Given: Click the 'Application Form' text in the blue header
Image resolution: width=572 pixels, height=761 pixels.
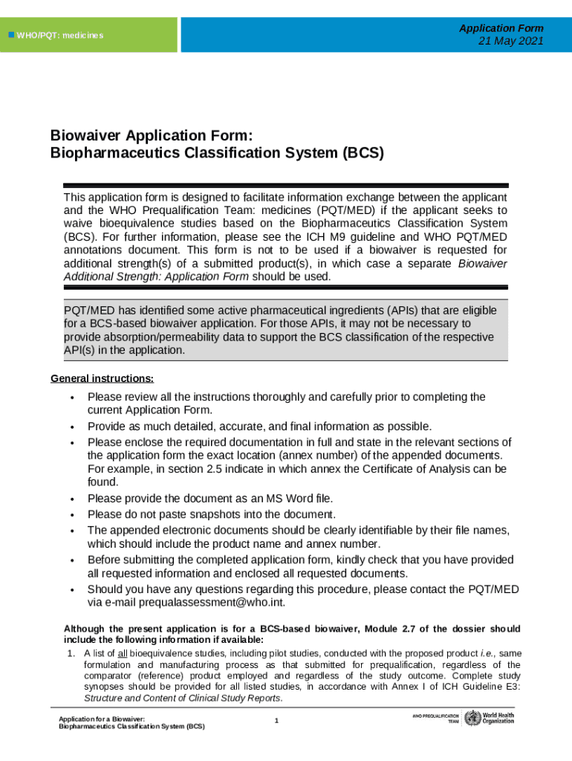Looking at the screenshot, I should point(501,28).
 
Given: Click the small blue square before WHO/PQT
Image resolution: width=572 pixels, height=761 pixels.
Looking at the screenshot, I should point(10,35).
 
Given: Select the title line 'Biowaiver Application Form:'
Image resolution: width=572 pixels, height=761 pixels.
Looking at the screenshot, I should point(152,136).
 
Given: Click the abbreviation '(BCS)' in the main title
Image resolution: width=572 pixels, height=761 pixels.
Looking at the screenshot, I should point(363,154).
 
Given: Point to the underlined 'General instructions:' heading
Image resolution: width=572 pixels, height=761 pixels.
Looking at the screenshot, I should point(103,378).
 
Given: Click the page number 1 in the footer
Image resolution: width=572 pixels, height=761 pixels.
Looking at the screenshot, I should point(276,721).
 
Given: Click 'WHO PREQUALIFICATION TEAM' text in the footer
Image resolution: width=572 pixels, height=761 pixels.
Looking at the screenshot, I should point(435,719).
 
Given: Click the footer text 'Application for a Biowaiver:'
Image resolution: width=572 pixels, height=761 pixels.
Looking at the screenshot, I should point(102,719).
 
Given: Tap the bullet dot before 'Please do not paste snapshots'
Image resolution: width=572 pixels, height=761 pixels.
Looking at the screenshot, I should point(71,515).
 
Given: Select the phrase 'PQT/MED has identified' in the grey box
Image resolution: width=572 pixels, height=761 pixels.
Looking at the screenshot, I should point(120,309).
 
